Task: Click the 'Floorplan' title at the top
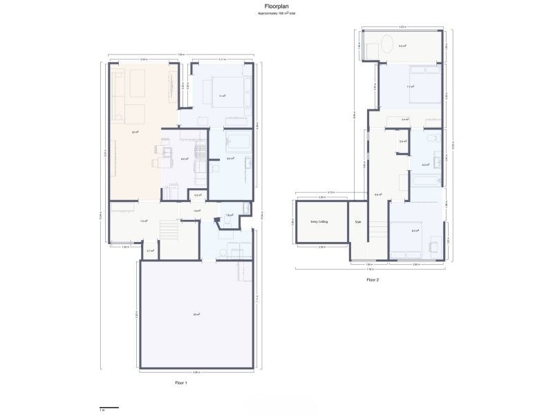pos(276,6)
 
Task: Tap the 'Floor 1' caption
pos(181,382)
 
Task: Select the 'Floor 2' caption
pos(373,280)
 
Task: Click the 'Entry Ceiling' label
pos(319,222)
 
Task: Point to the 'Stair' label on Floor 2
pos(358,222)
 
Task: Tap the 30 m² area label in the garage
pos(196,315)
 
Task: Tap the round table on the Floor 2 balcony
pos(388,46)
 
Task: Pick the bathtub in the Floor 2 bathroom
pos(424,182)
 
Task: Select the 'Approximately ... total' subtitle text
pos(276,14)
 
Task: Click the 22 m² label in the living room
pos(136,131)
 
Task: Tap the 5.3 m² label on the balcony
pos(402,46)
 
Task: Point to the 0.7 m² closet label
pos(150,250)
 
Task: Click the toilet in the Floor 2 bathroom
pos(430,140)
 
